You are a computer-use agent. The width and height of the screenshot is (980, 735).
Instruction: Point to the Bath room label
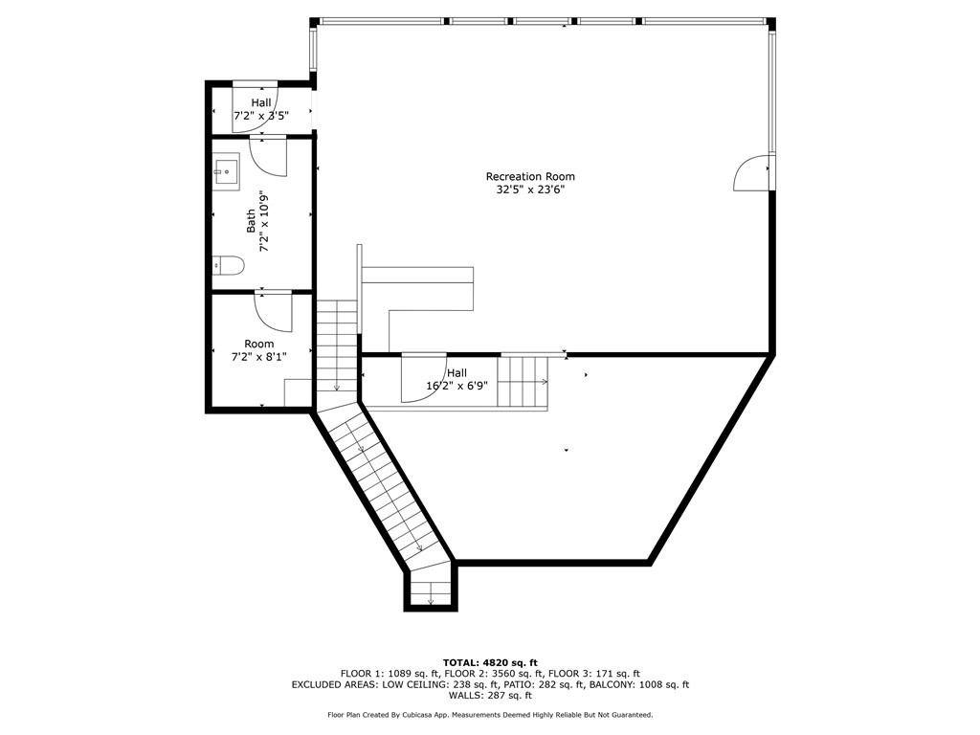point(251,221)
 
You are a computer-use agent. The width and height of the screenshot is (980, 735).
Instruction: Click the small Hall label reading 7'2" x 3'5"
point(261,116)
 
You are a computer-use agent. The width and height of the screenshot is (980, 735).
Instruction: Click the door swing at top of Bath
point(270,156)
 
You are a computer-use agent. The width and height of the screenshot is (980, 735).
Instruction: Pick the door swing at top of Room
point(274,310)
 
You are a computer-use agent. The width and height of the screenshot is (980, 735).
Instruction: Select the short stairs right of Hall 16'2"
point(523,381)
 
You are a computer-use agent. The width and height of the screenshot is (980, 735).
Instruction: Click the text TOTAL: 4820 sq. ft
point(490,662)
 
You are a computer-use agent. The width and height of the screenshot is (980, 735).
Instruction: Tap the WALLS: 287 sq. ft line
point(490,696)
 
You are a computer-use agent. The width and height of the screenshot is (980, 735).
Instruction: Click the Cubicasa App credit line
point(490,715)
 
